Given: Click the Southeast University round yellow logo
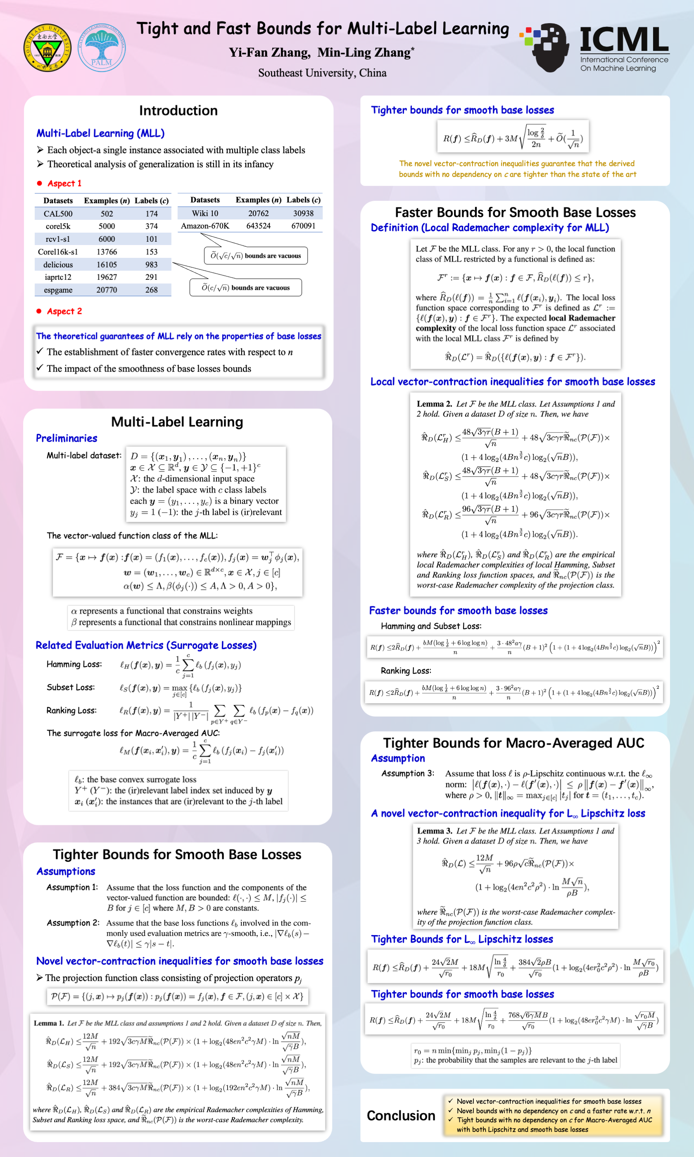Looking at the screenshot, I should pos(47,48).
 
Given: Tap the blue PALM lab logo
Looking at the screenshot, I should pos(102,48).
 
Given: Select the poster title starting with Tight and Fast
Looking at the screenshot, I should pos(323,29).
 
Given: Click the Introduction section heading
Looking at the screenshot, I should pos(178,111).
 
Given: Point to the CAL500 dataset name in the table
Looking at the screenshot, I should pos(58,214).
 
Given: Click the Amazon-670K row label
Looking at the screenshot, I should pos(205,226).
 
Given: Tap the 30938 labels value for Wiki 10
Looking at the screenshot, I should pos(303,213).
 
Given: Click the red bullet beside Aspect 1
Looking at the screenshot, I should pos(39,183).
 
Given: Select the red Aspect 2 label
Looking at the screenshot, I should pos(64,312).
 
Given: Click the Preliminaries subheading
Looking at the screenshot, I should pos(67,438).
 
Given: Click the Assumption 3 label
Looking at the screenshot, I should pos(407,774).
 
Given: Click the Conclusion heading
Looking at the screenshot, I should pos(401,1115).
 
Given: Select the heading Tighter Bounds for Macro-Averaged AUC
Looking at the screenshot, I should pos(513,743).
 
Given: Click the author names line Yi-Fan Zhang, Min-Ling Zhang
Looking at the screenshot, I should pos(321,52).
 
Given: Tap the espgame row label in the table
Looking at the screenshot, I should pos(58,290).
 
